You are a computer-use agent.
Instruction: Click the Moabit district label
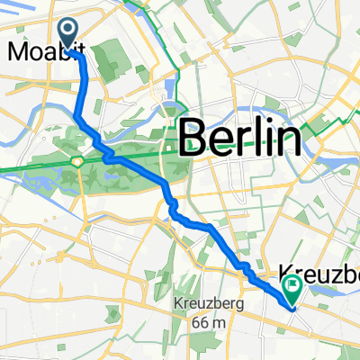coord(34,52)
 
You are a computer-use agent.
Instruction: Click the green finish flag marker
coord(292,286)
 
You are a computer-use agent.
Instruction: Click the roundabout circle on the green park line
coord(79,161)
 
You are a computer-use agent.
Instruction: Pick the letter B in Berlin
coord(193,139)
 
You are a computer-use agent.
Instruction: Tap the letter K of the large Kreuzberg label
coord(289,269)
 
